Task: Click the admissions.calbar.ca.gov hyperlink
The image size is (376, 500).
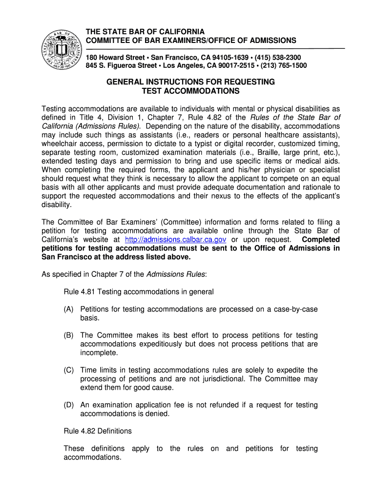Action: click(x=175, y=240)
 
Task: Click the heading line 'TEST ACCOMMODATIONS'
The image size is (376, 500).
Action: click(x=190, y=91)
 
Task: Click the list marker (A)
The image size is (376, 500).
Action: click(x=69, y=309)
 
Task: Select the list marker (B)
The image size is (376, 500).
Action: click(x=69, y=335)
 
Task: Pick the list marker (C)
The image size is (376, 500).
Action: click(x=69, y=370)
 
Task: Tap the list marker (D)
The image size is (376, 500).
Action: click(x=69, y=405)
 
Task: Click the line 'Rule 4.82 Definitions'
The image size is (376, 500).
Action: click(x=98, y=431)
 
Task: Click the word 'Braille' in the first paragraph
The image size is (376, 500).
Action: click(x=277, y=152)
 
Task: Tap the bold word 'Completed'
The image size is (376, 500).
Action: click(x=321, y=240)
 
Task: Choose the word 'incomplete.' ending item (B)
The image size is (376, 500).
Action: click(x=99, y=353)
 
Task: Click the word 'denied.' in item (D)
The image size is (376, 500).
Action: click(x=157, y=414)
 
